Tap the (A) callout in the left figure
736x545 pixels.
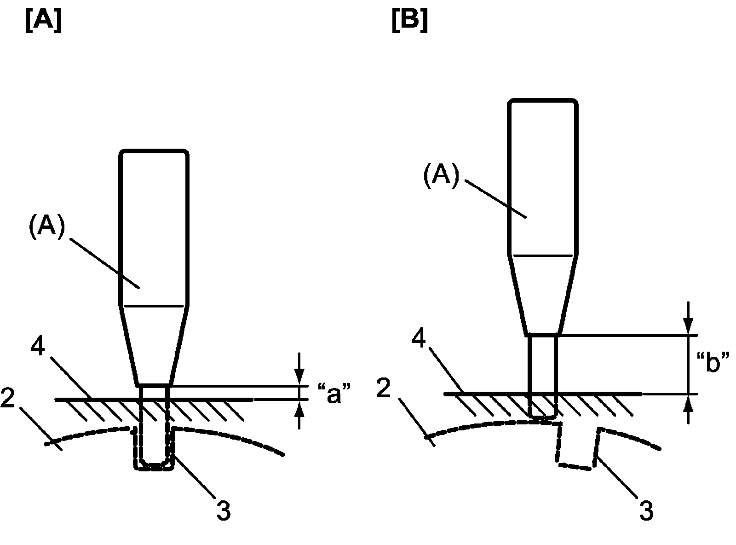[48, 229]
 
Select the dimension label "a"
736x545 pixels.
[334, 394]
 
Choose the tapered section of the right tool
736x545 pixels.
[543, 295]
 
